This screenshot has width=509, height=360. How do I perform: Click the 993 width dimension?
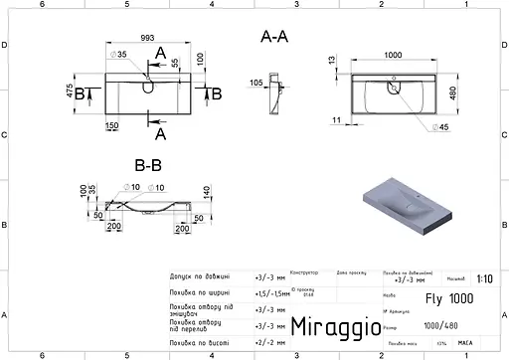click(x=146, y=38)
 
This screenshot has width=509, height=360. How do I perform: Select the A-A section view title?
click(x=274, y=37)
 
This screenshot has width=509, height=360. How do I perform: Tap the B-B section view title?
click(x=148, y=165)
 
